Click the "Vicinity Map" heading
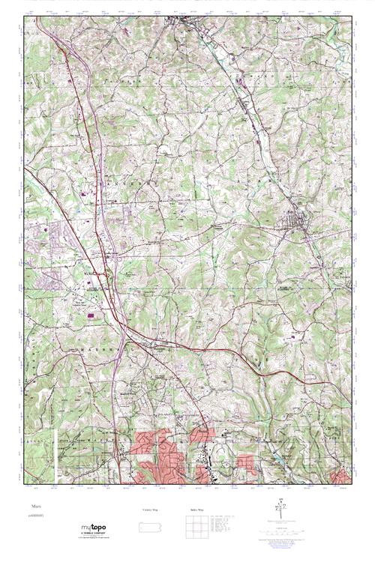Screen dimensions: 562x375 tap(150, 510)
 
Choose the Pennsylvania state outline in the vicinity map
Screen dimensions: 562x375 tap(150, 523)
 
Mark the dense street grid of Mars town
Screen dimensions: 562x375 tap(294, 223)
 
